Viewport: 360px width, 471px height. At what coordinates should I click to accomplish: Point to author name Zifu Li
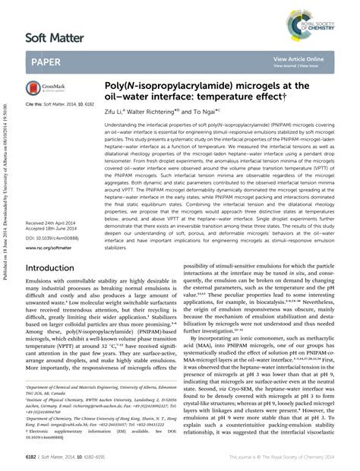tap(115, 112)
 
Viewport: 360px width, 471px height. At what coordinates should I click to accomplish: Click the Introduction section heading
tap(54, 269)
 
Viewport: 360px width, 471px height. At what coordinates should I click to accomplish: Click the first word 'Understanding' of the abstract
tap(122, 124)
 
